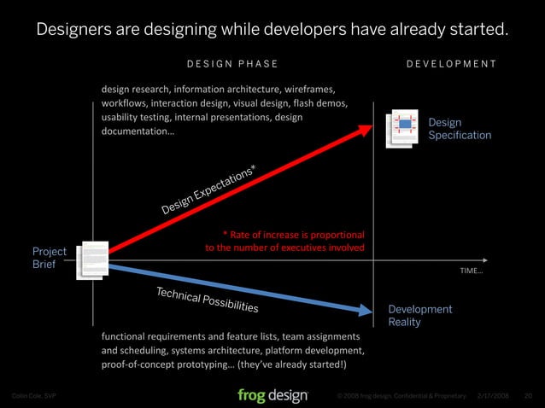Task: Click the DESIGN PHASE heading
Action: click(x=231, y=63)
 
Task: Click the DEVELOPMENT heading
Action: click(x=451, y=63)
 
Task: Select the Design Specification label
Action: click(x=460, y=129)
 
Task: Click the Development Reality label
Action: click(x=420, y=315)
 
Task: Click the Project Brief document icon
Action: click(x=92, y=259)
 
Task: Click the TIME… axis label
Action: click(x=471, y=271)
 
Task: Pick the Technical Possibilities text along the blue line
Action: click(x=207, y=299)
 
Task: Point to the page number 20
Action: click(x=527, y=396)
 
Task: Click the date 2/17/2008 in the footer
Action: click(x=494, y=396)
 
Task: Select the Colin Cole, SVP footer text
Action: click(x=32, y=396)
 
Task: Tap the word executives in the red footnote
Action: click(x=314, y=248)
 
